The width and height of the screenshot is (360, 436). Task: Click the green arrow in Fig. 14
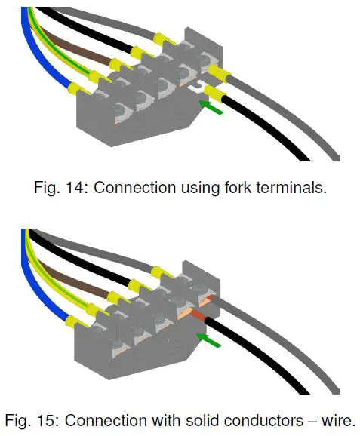214,110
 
